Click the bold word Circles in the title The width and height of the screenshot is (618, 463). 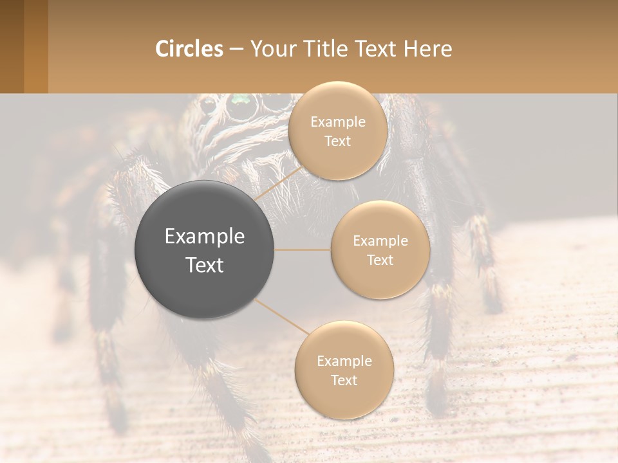(x=189, y=49)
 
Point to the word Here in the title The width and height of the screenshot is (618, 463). (x=428, y=49)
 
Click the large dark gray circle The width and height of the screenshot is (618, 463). (x=205, y=250)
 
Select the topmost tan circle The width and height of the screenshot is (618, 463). (x=337, y=131)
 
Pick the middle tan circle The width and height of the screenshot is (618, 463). (x=380, y=250)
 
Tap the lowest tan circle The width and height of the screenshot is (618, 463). (x=344, y=370)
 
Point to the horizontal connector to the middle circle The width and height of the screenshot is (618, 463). (x=303, y=250)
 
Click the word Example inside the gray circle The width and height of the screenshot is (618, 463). (x=205, y=237)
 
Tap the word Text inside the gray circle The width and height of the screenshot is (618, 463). (x=205, y=265)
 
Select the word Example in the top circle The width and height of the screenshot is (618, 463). (x=337, y=122)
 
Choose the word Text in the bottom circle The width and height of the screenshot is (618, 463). (x=344, y=380)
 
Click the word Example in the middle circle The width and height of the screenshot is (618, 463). (x=380, y=241)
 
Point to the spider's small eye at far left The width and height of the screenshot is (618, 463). (x=207, y=104)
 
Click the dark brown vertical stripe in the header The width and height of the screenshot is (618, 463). (x=12, y=46)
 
